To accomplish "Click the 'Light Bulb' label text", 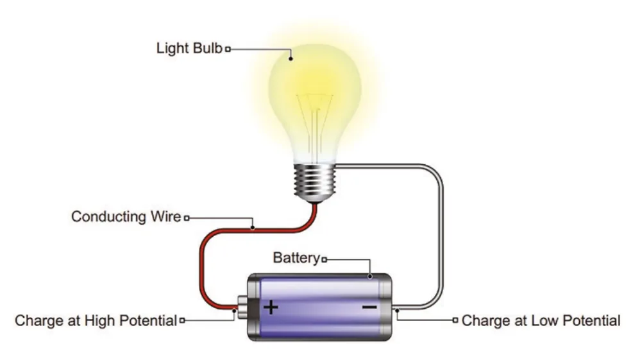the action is [189, 48].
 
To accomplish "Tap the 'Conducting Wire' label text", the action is [126, 216].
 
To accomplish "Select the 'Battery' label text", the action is [296, 258].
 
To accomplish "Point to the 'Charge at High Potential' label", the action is [96, 320].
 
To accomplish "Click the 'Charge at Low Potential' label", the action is [541, 320].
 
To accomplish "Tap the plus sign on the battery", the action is [271, 307].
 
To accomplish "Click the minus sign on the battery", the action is [369, 307].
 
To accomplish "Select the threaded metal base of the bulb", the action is [315, 183].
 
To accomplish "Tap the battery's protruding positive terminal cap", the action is [242, 307].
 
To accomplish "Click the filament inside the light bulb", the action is [315, 121].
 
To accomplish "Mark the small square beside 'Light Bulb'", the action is [228, 49].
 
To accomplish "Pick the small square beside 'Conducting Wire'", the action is [187, 218].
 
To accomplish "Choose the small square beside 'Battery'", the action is [324, 259].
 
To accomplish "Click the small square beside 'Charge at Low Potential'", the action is [455, 320].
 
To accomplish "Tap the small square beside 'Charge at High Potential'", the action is [182, 320].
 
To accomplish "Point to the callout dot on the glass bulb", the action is [291, 59].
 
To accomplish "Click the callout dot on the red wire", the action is [253, 228].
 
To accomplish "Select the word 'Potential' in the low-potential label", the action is [591, 320].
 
